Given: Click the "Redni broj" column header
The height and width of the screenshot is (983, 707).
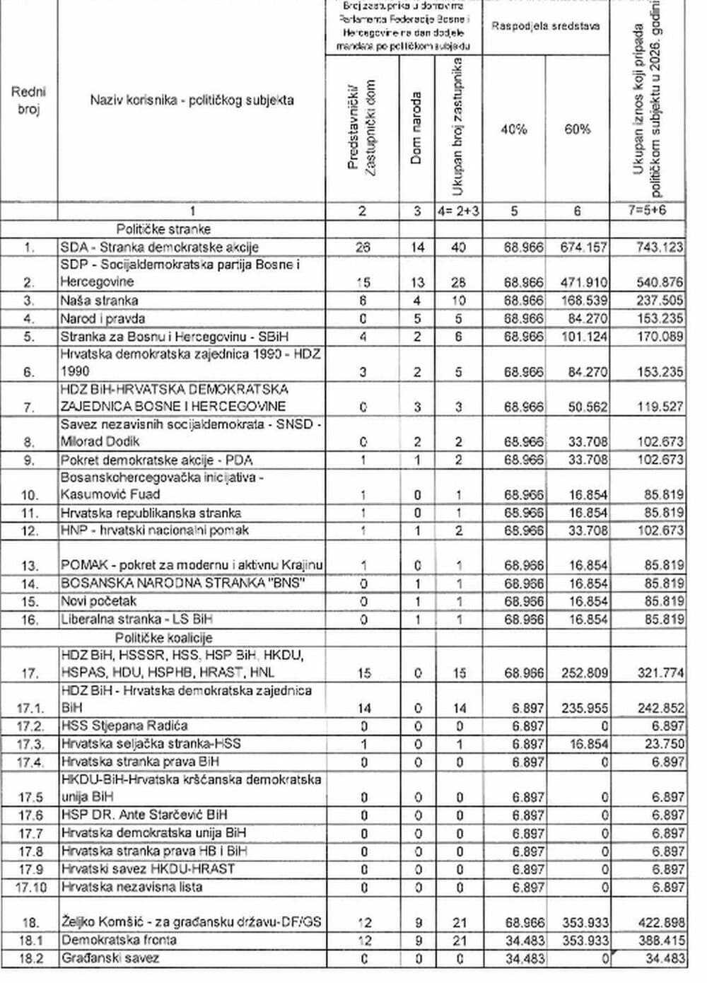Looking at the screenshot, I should [x=29, y=100].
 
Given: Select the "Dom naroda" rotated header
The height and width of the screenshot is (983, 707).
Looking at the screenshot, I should [x=416, y=128].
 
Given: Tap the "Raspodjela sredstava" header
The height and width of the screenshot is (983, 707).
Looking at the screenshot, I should [x=546, y=26].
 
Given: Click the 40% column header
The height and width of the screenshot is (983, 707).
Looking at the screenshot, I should [x=513, y=129].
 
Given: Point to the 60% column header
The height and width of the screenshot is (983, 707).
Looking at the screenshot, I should [x=577, y=129].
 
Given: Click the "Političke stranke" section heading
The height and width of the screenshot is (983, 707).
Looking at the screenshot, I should [x=163, y=229].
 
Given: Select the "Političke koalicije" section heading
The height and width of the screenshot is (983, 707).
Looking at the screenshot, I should [x=163, y=637].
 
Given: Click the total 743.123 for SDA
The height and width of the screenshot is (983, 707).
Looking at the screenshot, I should [x=659, y=248].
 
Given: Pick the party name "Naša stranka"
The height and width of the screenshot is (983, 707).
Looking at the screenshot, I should [x=99, y=301].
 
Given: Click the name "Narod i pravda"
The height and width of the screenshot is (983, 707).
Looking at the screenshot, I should [x=103, y=318].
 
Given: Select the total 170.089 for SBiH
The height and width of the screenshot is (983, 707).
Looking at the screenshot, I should [x=659, y=337].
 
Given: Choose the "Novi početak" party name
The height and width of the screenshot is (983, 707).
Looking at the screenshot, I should [x=98, y=602].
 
